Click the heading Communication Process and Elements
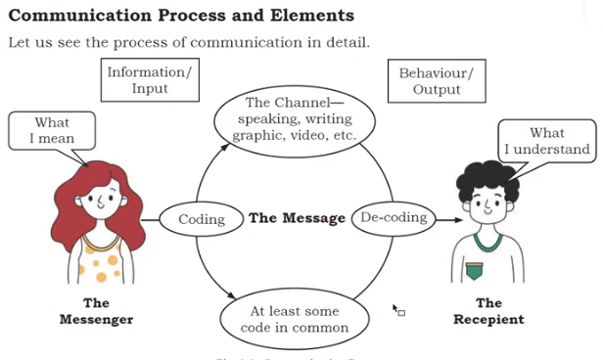point(181,16)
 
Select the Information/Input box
point(150,80)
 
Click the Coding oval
point(202,219)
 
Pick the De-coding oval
point(394,217)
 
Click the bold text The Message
point(297,218)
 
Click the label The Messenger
point(96,311)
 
